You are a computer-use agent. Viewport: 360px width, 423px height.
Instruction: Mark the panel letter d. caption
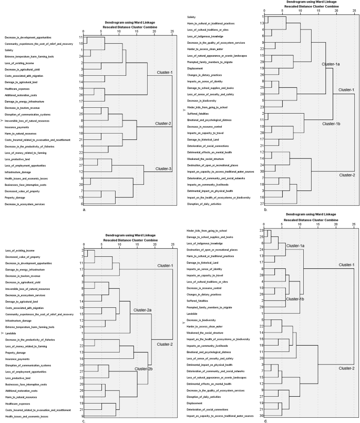pos(267,419)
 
